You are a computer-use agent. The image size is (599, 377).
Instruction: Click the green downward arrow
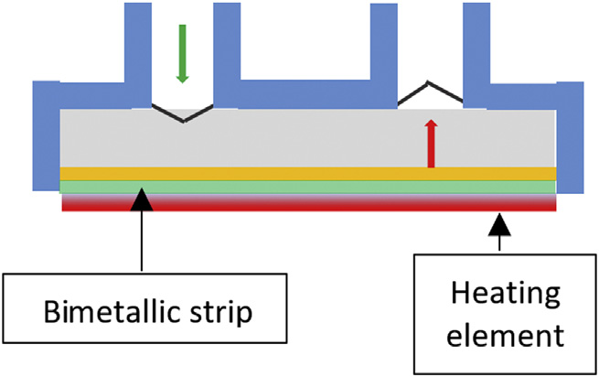(182, 56)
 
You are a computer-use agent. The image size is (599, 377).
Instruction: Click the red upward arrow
(431, 145)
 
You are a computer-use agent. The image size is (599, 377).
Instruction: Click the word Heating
(499, 295)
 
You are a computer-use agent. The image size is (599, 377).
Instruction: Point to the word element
(499, 333)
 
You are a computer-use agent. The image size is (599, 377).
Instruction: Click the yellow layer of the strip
(307, 173)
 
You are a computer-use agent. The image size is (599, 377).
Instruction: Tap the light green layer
(307, 187)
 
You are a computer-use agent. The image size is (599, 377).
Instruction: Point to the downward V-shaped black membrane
(183, 113)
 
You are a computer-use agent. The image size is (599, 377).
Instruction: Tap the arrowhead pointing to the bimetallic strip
(142, 197)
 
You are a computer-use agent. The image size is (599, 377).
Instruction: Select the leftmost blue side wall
(45, 137)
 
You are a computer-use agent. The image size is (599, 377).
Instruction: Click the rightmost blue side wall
(569, 137)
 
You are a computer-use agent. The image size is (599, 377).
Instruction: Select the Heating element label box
(499, 314)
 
